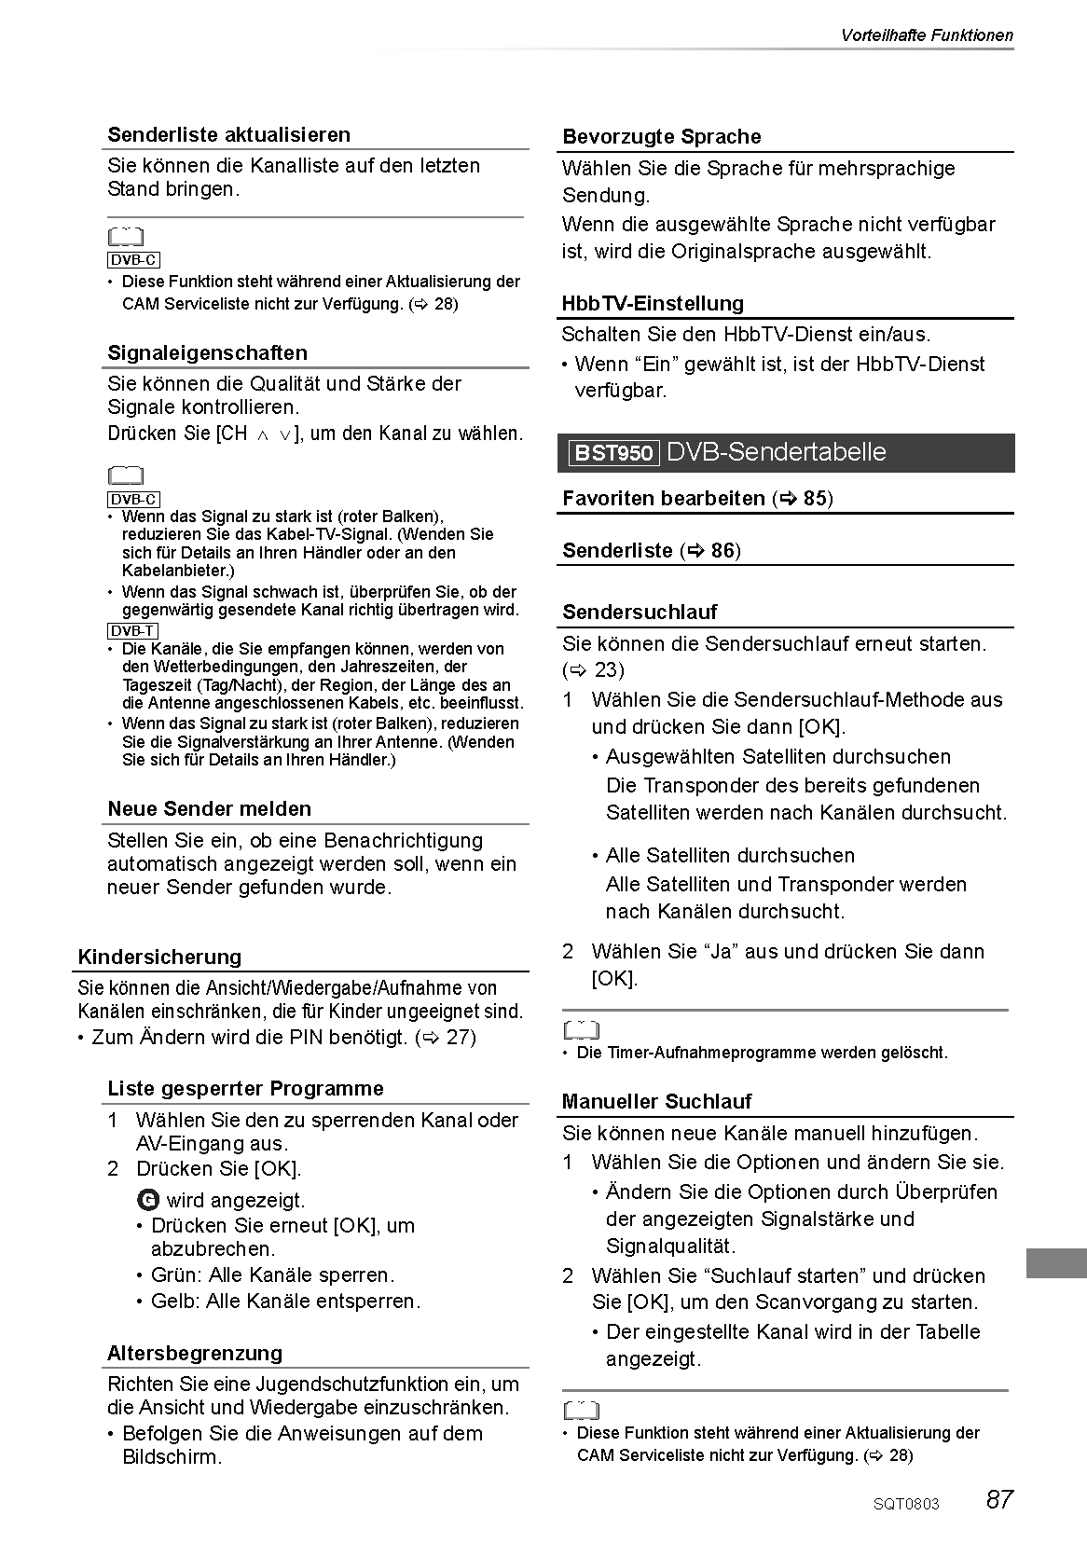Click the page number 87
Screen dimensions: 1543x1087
998,1499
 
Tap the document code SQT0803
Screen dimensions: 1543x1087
906,1504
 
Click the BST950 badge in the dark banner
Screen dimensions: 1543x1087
613,453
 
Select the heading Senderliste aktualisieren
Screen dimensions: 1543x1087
228,134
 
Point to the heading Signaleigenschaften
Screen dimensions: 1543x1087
207,352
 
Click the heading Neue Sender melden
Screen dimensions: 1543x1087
209,808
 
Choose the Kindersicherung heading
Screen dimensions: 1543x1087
159,957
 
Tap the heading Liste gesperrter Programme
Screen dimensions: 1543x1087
245,1088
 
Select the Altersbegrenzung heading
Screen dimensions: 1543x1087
194,1353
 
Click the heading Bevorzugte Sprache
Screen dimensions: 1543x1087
661,137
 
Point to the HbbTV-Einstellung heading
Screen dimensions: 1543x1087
653,303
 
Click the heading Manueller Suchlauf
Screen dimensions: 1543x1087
656,1101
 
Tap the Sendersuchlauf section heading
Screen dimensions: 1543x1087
640,612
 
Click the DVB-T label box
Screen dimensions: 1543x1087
132,631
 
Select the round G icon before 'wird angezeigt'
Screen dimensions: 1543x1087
147,1200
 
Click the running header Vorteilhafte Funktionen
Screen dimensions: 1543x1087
926,35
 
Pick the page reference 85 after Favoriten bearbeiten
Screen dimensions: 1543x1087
814,498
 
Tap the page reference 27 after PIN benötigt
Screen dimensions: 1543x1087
460,1037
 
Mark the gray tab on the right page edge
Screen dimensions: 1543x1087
1056,1263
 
